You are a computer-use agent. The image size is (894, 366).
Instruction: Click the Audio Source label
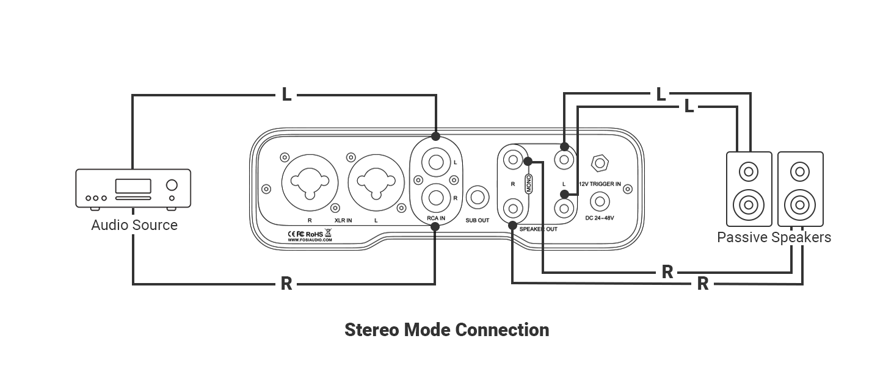134,225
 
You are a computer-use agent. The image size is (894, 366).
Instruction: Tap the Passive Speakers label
774,238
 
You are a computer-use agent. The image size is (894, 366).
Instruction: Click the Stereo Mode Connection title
446,330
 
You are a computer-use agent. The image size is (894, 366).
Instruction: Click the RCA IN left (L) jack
436,162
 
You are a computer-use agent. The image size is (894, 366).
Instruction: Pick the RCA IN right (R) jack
436,198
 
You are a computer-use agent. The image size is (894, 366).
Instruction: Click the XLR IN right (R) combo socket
310,183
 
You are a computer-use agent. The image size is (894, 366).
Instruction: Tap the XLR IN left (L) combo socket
376,183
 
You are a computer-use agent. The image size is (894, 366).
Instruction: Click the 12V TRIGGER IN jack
600,163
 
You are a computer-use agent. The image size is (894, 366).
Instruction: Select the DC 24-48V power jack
600,202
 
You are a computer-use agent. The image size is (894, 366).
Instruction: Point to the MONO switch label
529,184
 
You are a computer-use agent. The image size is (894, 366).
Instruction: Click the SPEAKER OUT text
539,229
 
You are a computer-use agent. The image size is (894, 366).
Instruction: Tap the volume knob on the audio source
172,185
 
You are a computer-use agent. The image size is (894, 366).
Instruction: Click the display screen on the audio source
133,186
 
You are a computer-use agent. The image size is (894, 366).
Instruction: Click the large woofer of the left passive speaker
749,206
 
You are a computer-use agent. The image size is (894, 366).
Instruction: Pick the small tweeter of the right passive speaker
800,172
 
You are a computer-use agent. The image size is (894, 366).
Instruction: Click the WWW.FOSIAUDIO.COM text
310,240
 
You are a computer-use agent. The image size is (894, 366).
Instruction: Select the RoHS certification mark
314,234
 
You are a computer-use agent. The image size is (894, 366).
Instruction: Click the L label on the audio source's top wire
286,95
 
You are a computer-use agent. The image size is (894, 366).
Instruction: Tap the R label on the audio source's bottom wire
286,284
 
